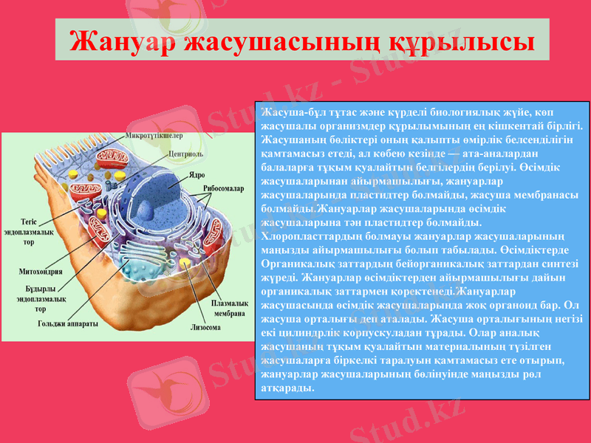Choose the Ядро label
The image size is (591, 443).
coord(197,175)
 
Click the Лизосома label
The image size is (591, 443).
coord(207,326)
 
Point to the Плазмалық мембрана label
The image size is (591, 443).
coord(229,308)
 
